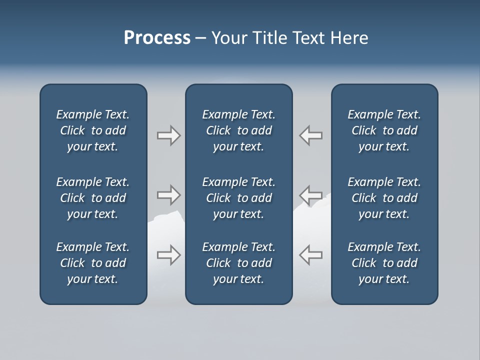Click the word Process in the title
pos(157,38)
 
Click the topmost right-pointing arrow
pos(168,135)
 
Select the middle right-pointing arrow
pos(168,194)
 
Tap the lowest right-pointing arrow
pos(168,255)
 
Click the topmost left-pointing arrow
pos(310,135)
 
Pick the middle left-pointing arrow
pos(310,194)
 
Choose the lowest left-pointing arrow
pos(310,255)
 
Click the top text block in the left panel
pos(93,130)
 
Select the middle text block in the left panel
pos(93,198)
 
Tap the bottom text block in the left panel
pos(93,263)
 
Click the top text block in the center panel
pos(238,130)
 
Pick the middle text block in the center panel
pos(238,198)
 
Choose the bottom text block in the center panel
pos(238,263)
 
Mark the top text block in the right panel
pos(384,130)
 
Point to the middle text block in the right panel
pos(384,198)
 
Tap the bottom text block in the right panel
pos(384,263)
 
